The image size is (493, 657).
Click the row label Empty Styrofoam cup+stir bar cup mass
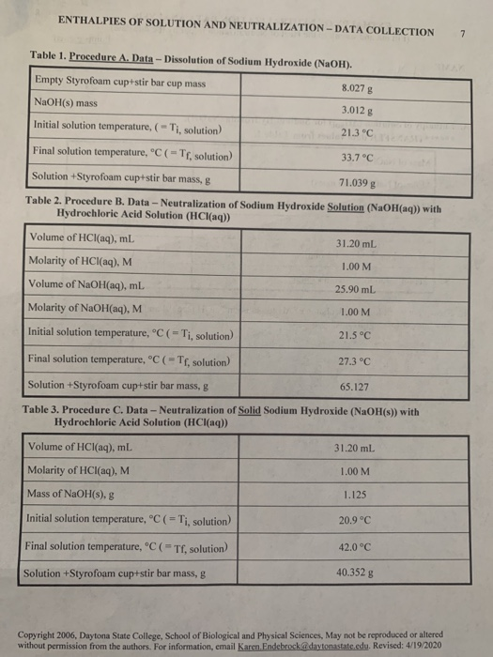(x=121, y=82)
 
